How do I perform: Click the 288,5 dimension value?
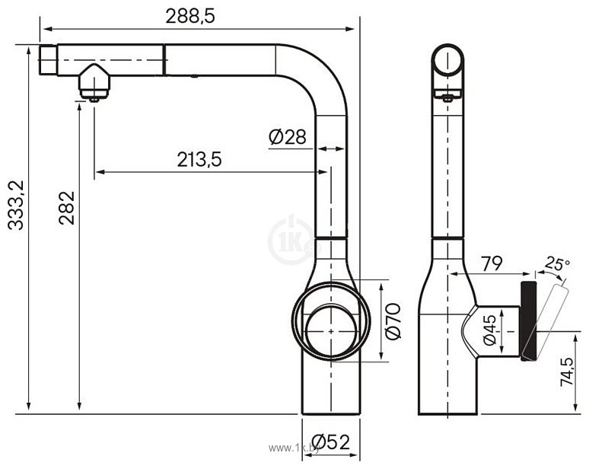[190, 16]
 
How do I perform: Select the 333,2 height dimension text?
[17, 205]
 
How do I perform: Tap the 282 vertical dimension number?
[67, 208]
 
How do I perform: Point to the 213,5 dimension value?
[199, 159]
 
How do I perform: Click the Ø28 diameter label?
[288, 137]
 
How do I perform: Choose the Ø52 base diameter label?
[331, 442]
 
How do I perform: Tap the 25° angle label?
[558, 263]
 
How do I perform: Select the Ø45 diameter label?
[491, 330]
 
